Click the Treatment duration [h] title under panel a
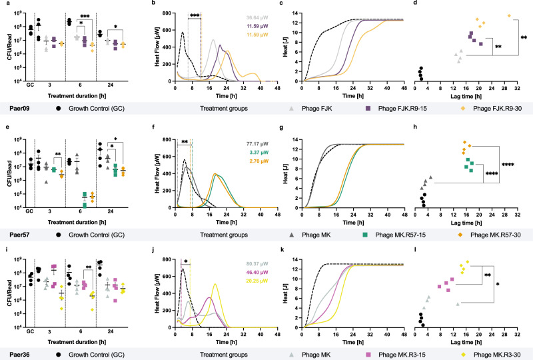point(69,89)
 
